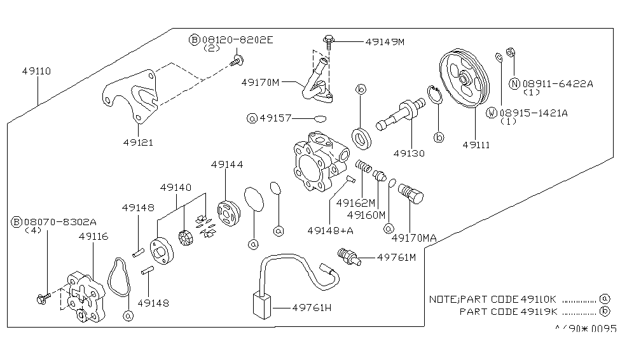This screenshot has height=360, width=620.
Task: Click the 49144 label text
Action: pos(227,165)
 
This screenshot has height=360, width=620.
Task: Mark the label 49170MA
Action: pos(413,238)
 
